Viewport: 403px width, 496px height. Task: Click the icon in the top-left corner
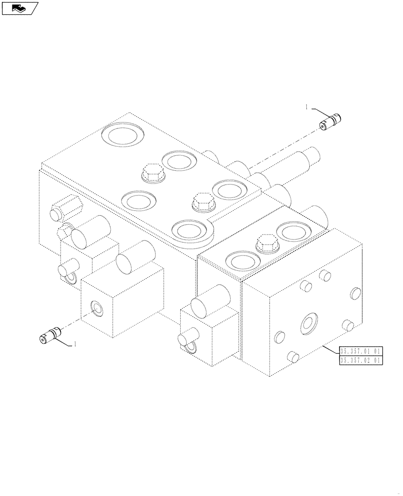coord(19,7)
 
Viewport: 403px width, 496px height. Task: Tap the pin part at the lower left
coord(50,335)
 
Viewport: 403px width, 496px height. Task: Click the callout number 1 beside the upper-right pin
coord(307,107)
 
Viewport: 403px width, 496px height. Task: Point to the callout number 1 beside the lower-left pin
coord(75,343)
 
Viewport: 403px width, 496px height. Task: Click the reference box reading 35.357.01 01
coord(360,351)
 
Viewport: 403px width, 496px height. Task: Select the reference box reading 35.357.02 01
coord(360,361)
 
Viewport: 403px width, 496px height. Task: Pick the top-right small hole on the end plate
coord(355,292)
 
